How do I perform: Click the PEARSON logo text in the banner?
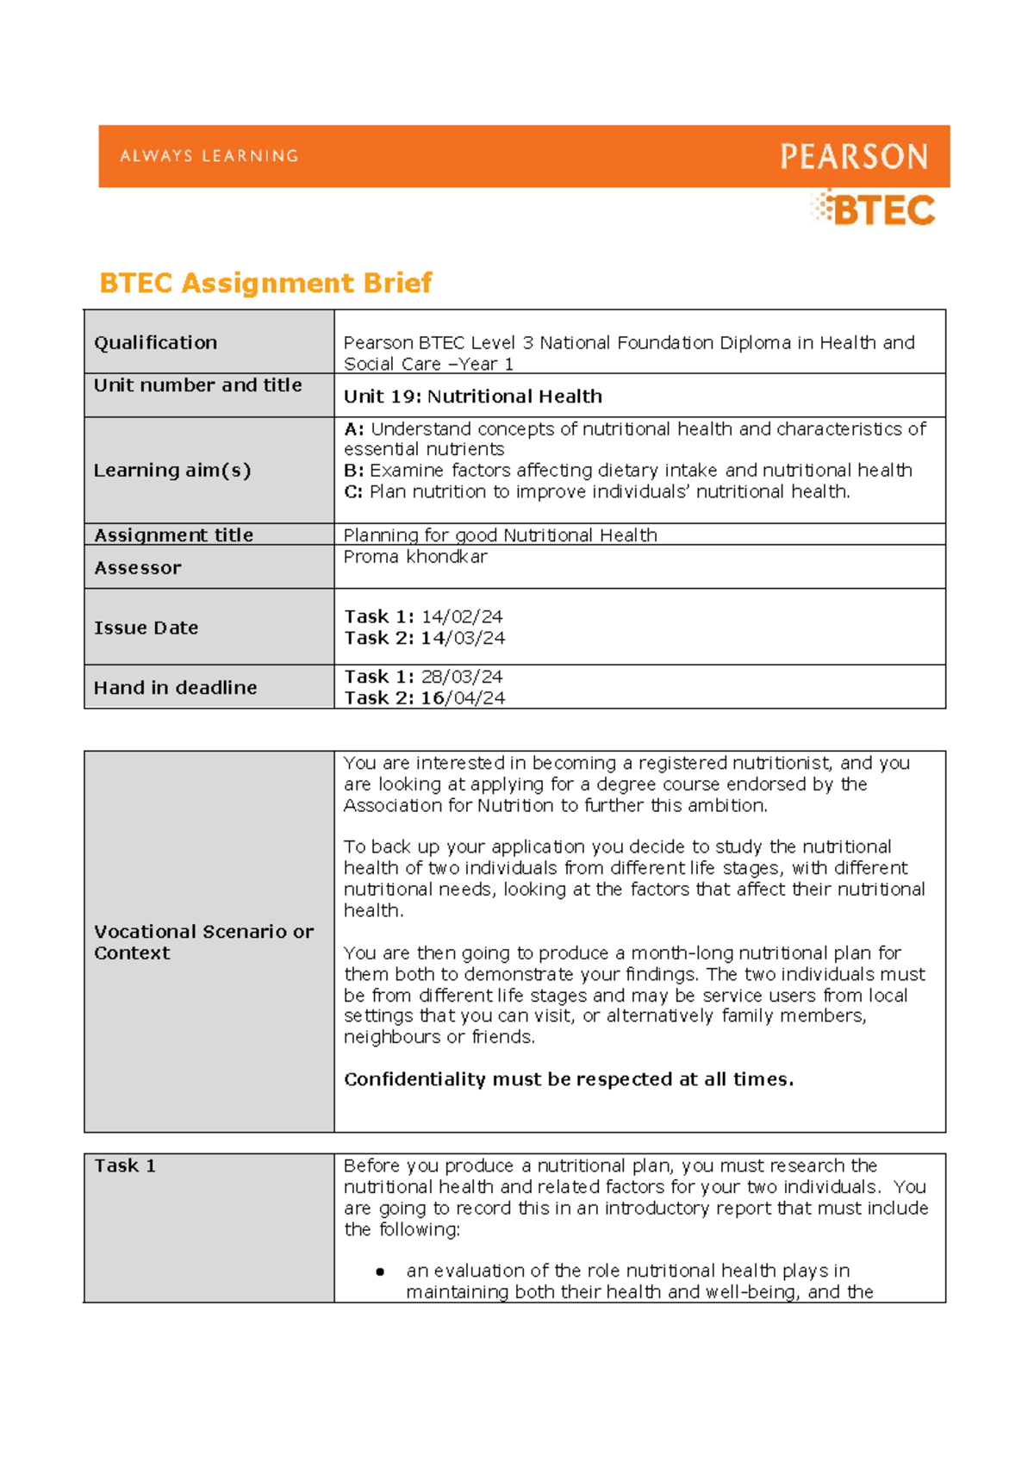(854, 157)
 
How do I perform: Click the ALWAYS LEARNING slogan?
(209, 156)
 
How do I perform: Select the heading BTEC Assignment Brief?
(265, 283)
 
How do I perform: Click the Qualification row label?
(155, 343)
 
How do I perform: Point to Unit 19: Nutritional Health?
(472, 397)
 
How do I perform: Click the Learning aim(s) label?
(172, 471)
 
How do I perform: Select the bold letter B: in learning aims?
(353, 471)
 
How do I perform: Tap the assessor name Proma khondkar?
(415, 557)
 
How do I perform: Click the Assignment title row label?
(173, 535)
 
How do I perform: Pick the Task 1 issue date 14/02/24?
(462, 617)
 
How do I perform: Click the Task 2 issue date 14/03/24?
(463, 639)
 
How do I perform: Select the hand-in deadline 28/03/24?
(462, 678)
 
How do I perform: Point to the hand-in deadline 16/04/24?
(463, 699)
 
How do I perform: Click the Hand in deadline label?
(175, 688)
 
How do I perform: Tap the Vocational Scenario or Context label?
(203, 942)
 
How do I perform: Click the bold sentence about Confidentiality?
(569, 1079)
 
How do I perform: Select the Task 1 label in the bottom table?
(125, 1166)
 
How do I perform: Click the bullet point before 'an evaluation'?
(380, 1271)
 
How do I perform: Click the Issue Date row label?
(146, 628)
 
